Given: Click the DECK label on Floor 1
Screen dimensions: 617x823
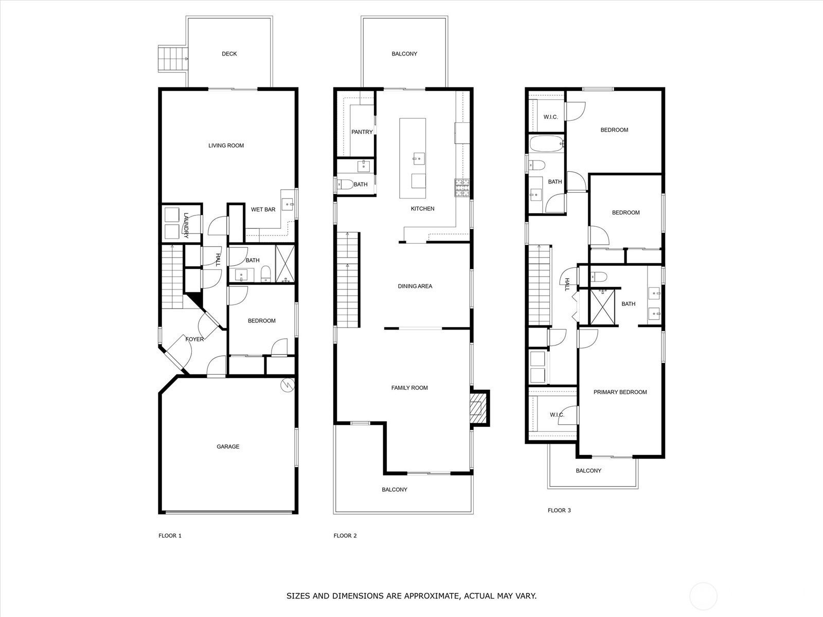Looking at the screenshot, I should click(x=229, y=54).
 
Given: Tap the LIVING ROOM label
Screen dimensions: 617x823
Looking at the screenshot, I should click(x=226, y=146).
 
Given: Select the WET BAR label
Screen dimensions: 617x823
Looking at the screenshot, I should click(x=263, y=210).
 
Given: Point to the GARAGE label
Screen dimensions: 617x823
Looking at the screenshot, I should click(x=228, y=447).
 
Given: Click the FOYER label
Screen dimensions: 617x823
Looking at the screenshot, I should click(x=194, y=339).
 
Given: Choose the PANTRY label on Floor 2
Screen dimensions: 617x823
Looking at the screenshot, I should click(x=362, y=132).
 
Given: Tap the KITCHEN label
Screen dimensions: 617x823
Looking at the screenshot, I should click(x=422, y=209).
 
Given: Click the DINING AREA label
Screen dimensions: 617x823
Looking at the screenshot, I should click(x=415, y=286).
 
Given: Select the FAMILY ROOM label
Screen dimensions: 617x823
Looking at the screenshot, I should click(x=409, y=388).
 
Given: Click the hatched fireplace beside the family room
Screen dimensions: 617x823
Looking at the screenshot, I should click(x=479, y=408).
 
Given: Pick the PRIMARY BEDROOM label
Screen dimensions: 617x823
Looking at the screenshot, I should click(x=620, y=392).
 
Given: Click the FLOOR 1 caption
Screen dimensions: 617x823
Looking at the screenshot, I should click(x=170, y=536).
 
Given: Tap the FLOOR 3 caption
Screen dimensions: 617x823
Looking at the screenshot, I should click(x=559, y=511).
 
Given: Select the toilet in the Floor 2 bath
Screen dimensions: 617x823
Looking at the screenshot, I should click(x=344, y=184).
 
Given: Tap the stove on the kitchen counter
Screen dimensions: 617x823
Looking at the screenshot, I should click(x=462, y=187).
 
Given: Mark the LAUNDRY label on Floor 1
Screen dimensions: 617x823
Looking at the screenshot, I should click(x=186, y=225).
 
